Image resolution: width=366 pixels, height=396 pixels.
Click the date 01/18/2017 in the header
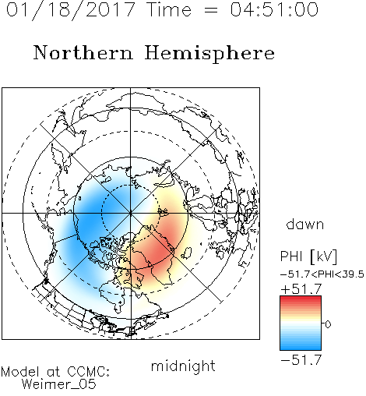pos(71,10)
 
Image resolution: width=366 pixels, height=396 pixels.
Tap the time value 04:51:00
pos(274,9)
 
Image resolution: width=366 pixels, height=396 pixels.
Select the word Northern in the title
pos(83,52)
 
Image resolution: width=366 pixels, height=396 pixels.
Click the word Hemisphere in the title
pos(209,54)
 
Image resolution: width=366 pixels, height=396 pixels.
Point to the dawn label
pos(305,224)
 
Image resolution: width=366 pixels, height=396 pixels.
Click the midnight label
pos(183,366)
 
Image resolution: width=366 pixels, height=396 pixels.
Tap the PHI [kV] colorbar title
pos(308,256)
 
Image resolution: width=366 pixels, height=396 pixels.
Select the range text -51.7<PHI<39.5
pos(322,274)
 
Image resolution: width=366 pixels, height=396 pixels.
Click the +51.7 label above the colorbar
pos(301,289)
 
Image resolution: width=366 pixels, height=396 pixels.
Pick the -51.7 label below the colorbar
pos(301,360)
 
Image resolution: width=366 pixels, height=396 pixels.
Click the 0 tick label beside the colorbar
pos(328,324)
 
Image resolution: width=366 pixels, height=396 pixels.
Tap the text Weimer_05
pos(59,384)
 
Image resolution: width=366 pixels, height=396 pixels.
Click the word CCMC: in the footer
pos(88,372)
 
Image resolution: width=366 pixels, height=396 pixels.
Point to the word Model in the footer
pos(20,372)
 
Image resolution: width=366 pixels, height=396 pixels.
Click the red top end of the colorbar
pos(301,298)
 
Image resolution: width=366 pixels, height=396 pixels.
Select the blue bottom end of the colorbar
pos(301,348)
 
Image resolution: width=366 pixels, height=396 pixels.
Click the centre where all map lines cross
pos(130,213)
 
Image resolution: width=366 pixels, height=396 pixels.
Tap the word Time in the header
pos(169,10)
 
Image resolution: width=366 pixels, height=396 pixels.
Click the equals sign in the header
pos(211,10)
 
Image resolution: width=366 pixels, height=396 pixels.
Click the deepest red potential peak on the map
pos(160,251)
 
